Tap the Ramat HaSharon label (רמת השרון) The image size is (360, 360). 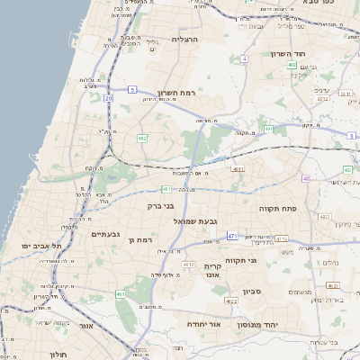pos(175,93)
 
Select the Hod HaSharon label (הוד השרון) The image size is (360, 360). pos(288,54)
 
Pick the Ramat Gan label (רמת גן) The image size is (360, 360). pos(143,240)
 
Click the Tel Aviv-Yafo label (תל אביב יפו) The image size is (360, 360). pos(43,246)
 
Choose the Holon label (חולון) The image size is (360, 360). pos(57,355)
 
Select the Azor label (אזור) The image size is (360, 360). pos(86,325)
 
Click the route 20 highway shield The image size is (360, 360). pos(109,97)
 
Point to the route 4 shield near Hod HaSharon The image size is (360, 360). pos(244,58)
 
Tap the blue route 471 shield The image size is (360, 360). pos(232,236)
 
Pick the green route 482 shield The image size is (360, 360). pos(142,139)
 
